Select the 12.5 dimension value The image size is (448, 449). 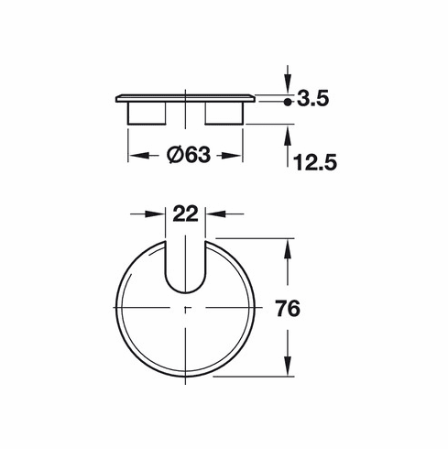tap(317, 162)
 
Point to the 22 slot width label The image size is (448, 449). tap(186, 214)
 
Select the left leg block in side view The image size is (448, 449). tap(145, 113)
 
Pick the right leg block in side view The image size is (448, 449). tap(224, 113)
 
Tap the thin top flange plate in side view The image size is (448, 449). tap(185, 97)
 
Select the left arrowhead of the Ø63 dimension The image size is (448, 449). tap(134, 155)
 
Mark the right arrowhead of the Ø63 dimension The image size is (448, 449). tap(236, 155)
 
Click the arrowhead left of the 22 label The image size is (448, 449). tap(158, 214)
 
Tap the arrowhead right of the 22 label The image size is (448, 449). tap(213, 214)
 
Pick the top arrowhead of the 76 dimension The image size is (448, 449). tap(290, 249)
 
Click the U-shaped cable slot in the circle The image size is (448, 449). tap(186, 266)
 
